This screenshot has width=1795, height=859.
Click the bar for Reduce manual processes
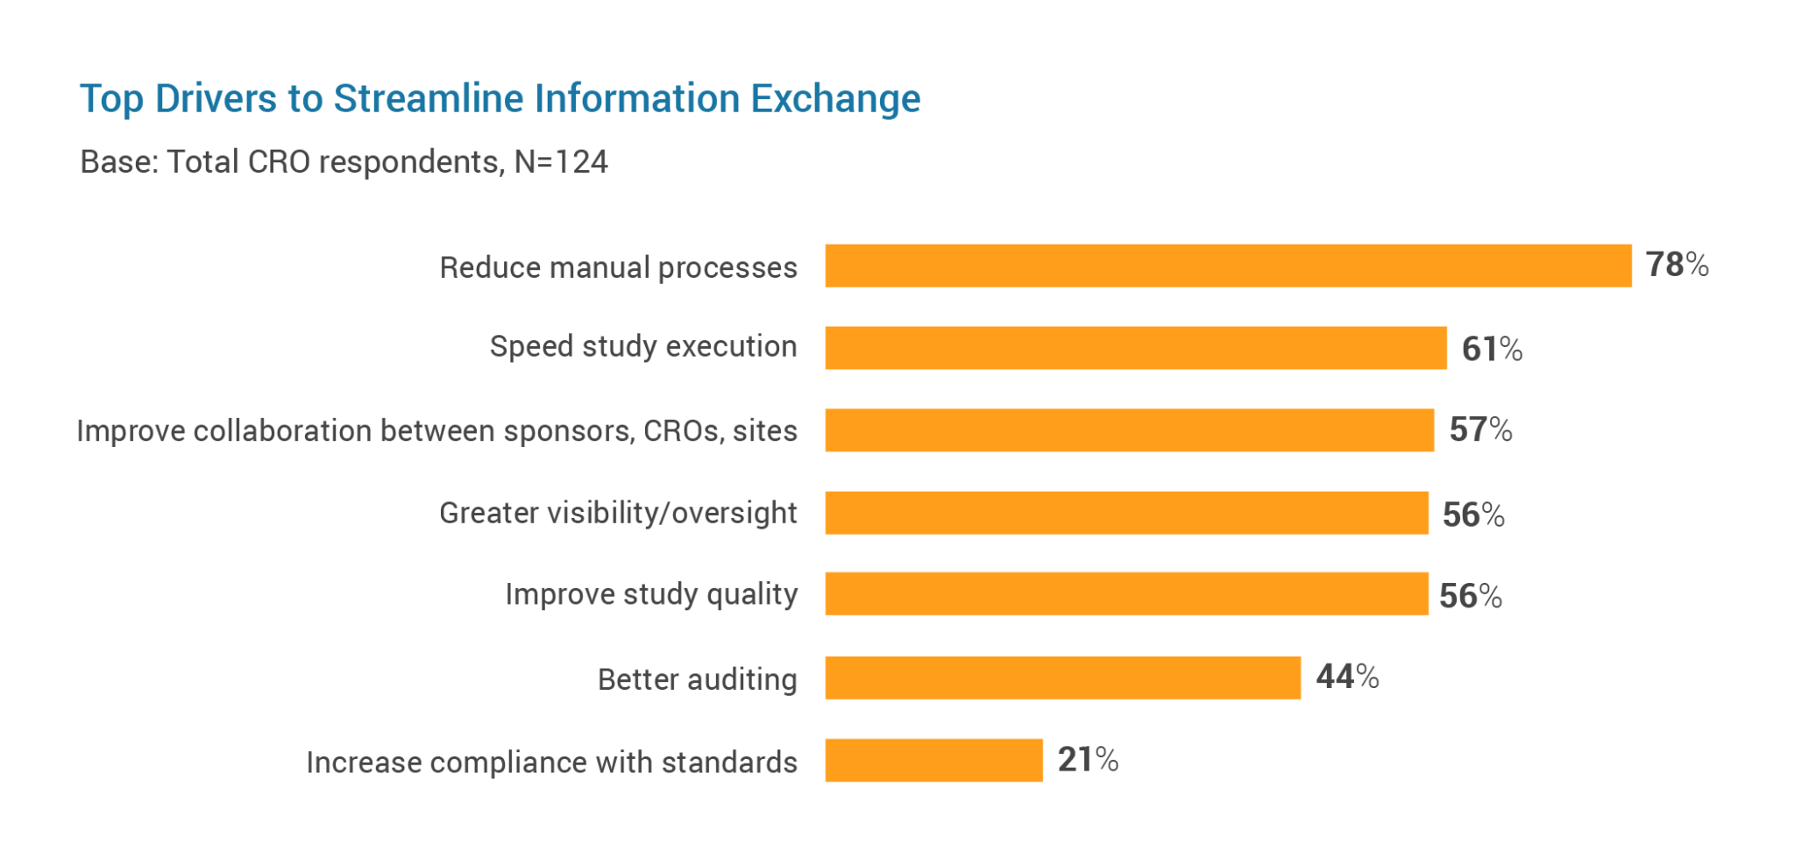point(1227,266)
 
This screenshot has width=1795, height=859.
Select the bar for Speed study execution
point(1135,348)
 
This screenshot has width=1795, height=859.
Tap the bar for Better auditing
point(1062,678)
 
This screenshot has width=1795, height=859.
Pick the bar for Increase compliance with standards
point(933,760)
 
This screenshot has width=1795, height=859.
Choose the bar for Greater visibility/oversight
point(1126,513)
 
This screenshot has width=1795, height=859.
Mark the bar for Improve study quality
point(1126,593)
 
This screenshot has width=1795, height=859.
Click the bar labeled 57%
point(1129,430)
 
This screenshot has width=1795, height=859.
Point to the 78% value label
point(1676,265)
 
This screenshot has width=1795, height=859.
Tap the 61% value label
point(1491,349)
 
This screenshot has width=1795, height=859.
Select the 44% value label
point(1347,677)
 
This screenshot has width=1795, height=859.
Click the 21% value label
point(1087,759)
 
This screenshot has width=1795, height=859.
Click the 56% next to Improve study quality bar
point(1470,596)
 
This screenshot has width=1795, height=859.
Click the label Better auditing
point(697,679)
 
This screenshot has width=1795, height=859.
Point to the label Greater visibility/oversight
point(618,513)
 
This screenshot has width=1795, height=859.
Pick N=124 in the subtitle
point(561,162)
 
